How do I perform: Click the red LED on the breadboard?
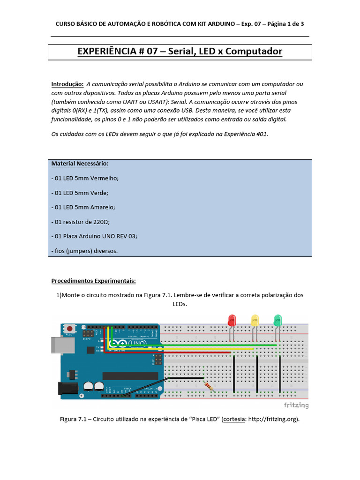[x=232, y=321]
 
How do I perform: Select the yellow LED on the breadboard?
[x=255, y=321]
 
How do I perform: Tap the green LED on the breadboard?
[x=277, y=321]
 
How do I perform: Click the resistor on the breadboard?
[x=208, y=386]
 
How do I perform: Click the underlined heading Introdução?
[x=67, y=84]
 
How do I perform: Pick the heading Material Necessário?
[x=80, y=164]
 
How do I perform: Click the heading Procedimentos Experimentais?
[x=93, y=281]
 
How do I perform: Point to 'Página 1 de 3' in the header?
[x=286, y=23]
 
